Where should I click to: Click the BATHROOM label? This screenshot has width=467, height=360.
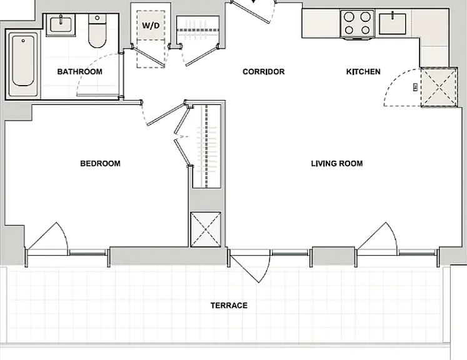pyautogui.click(x=79, y=72)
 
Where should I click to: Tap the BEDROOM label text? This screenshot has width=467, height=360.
pyautogui.click(x=101, y=164)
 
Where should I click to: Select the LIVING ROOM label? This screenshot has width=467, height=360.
pyautogui.click(x=337, y=164)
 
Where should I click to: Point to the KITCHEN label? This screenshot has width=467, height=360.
pyautogui.click(x=363, y=72)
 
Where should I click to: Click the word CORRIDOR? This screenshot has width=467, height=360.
pyautogui.click(x=264, y=72)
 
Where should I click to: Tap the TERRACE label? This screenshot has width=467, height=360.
pyautogui.click(x=229, y=306)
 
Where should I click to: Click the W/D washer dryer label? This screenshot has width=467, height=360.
pyautogui.click(x=151, y=26)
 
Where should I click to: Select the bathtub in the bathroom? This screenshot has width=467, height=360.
pyautogui.click(x=23, y=64)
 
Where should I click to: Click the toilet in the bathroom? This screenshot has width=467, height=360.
pyautogui.click(x=98, y=31)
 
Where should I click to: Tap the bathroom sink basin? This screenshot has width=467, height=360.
pyautogui.click(x=61, y=24)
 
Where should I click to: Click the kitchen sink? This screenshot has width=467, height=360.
pyautogui.click(x=393, y=24)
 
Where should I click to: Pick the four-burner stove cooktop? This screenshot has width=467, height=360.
pyautogui.click(x=358, y=24)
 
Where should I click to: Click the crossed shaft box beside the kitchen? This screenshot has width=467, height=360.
pyautogui.click(x=438, y=87)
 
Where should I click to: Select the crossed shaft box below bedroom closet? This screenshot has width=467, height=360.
pyautogui.click(x=206, y=229)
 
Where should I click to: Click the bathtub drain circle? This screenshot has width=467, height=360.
pyautogui.click(x=23, y=41)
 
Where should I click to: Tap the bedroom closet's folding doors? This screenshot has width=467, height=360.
pyautogui.click(x=183, y=136)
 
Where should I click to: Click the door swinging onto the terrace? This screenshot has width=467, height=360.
pyautogui.click(x=244, y=266)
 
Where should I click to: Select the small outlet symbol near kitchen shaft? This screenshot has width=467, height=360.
pyautogui.click(x=416, y=87)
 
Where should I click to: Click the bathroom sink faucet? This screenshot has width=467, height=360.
pyautogui.click(x=61, y=19)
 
